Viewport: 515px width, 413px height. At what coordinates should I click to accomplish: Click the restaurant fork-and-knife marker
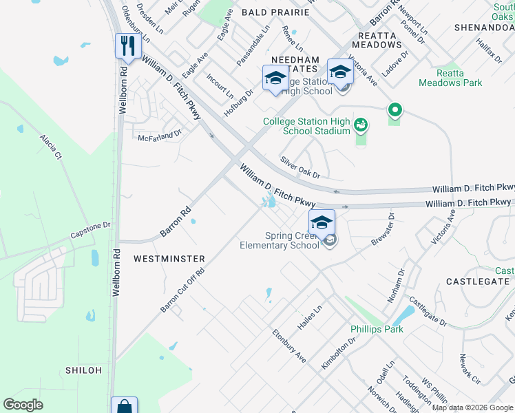(x=128, y=46)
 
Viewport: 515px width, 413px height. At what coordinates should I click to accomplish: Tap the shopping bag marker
(x=124, y=406)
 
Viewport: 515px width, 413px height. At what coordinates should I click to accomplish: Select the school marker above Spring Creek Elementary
(x=322, y=222)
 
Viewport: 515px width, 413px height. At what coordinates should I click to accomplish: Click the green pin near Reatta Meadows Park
(x=395, y=110)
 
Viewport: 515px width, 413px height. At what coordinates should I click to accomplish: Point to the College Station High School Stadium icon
(x=360, y=125)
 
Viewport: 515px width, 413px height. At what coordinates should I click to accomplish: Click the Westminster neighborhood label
(x=169, y=259)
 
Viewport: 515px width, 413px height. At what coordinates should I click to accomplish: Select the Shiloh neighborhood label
(x=83, y=370)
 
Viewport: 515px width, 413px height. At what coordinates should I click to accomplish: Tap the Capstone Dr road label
(x=90, y=230)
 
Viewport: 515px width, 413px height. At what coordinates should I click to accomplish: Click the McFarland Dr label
(x=159, y=136)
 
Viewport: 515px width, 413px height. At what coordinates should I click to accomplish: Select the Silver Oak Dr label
(x=300, y=167)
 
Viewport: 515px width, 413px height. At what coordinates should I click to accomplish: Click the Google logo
(x=23, y=405)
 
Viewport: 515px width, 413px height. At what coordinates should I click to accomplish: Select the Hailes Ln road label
(x=309, y=318)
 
